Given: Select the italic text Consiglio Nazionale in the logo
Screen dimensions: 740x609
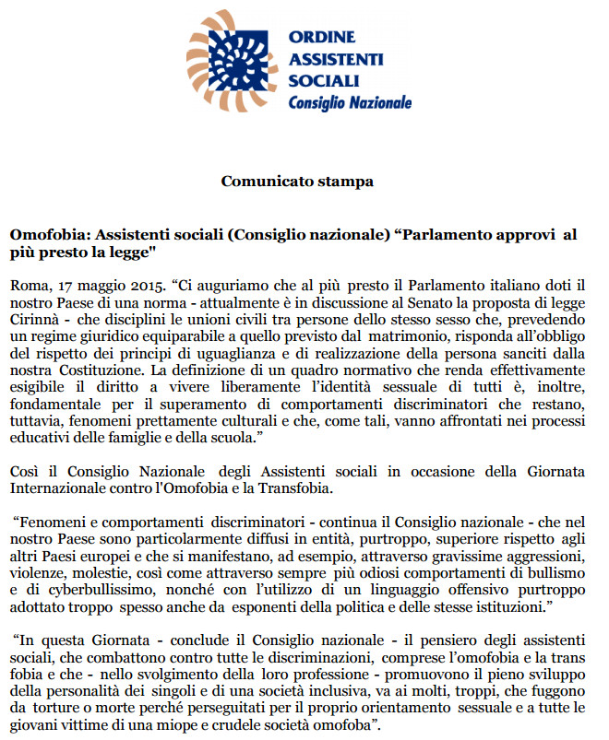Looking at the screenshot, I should click(350, 102).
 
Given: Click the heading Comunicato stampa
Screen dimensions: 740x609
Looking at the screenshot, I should click(297, 181).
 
